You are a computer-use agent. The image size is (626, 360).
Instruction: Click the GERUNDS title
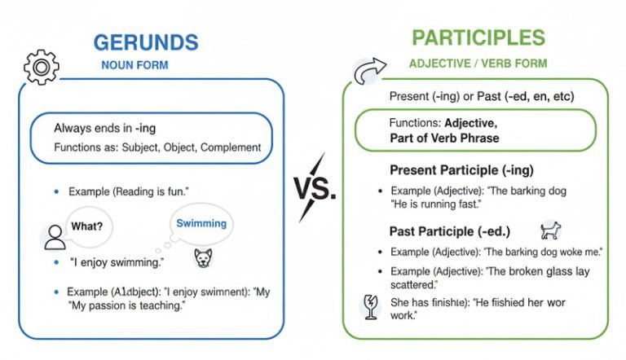(x=146, y=43)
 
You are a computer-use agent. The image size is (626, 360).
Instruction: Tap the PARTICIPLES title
(x=478, y=37)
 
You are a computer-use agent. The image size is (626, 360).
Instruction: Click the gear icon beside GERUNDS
(x=41, y=68)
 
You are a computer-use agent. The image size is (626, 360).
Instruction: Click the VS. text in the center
(x=313, y=191)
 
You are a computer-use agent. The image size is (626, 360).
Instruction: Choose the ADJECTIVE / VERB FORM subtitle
(x=478, y=63)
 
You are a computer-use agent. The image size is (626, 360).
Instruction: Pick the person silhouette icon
(x=55, y=238)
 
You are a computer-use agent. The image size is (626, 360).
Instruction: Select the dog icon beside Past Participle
(x=551, y=230)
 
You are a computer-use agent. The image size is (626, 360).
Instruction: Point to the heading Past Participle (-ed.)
(x=444, y=230)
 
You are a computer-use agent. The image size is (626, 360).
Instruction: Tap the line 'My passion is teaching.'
(x=128, y=305)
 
